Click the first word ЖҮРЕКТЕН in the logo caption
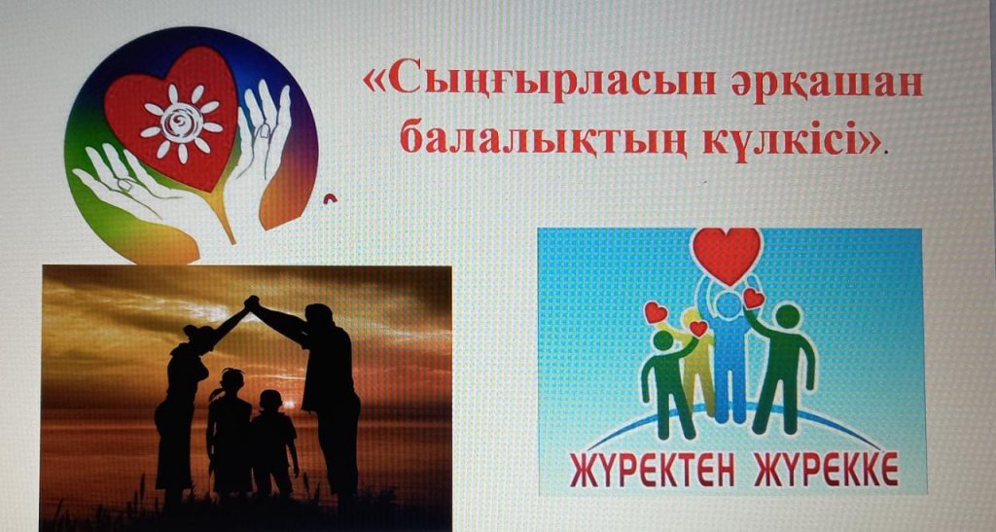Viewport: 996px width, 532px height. (653, 469)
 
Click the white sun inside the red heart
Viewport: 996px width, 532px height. (182, 124)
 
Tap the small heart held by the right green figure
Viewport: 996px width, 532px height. (754, 299)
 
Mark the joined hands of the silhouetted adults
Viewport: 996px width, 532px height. (252, 302)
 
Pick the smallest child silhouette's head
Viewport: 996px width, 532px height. (270, 403)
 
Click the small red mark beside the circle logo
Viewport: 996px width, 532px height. (330, 199)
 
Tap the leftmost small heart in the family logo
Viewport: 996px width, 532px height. (655, 312)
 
